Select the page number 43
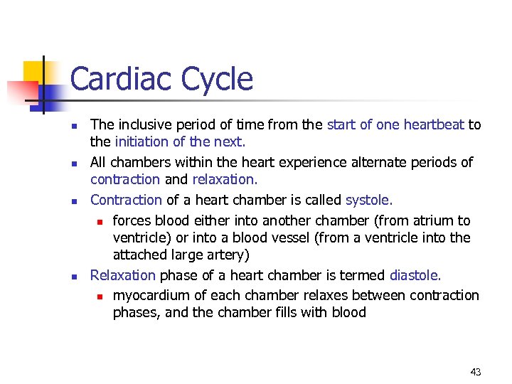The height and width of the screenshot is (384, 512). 476,372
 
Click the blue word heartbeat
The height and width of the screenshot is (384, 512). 434,124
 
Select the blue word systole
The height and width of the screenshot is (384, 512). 369,200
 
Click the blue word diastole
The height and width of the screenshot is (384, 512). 415,274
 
